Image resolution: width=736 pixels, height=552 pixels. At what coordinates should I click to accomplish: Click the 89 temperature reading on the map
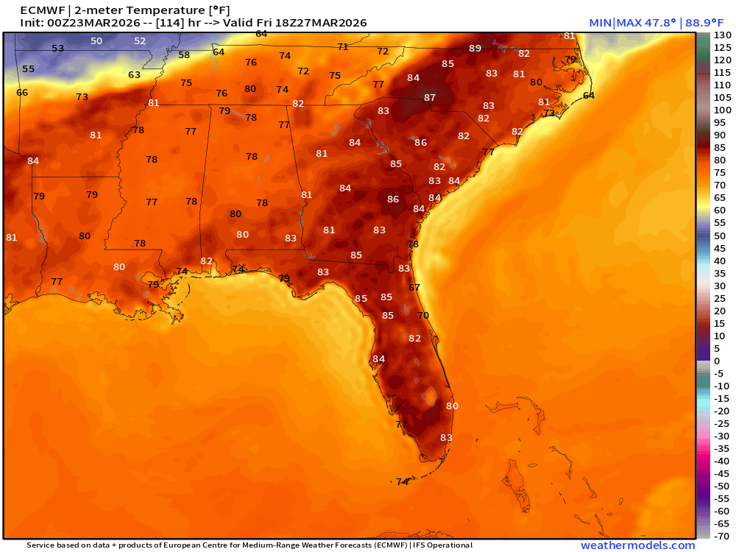[x=475, y=49]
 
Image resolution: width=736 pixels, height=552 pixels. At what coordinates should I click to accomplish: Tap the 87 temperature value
[x=430, y=97]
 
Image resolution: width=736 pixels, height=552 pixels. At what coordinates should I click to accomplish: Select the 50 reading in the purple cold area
[x=96, y=41]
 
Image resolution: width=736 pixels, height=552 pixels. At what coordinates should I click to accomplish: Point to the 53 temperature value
[x=58, y=49]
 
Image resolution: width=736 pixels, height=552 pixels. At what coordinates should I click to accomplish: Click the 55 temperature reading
[x=28, y=68]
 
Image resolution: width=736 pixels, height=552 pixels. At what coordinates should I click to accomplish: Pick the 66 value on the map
[x=22, y=93]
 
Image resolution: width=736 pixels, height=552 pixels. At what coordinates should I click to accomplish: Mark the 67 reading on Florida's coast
[x=414, y=288]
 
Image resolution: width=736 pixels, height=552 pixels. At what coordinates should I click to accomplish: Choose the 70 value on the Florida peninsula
[x=423, y=315]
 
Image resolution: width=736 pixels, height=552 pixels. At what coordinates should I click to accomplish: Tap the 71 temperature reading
[x=342, y=46]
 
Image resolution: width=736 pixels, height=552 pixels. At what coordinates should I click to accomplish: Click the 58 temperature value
[x=184, y=55]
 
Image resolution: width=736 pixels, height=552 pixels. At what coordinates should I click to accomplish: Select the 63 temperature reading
[x=134, y=75]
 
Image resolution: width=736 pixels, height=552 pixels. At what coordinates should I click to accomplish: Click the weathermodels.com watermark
[x=637, y=545]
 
